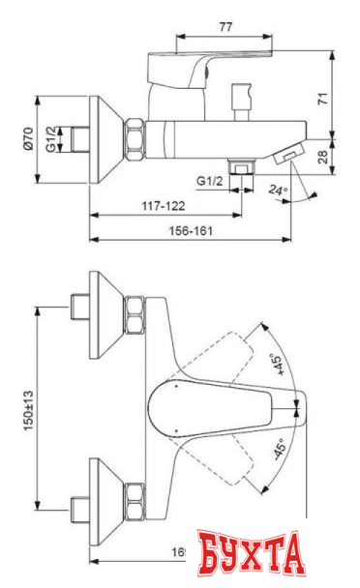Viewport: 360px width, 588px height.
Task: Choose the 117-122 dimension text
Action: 163,206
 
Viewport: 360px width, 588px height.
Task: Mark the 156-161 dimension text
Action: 186,231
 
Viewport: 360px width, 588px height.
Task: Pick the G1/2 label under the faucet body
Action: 210,180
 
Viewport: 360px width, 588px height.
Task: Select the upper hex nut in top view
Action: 134,315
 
